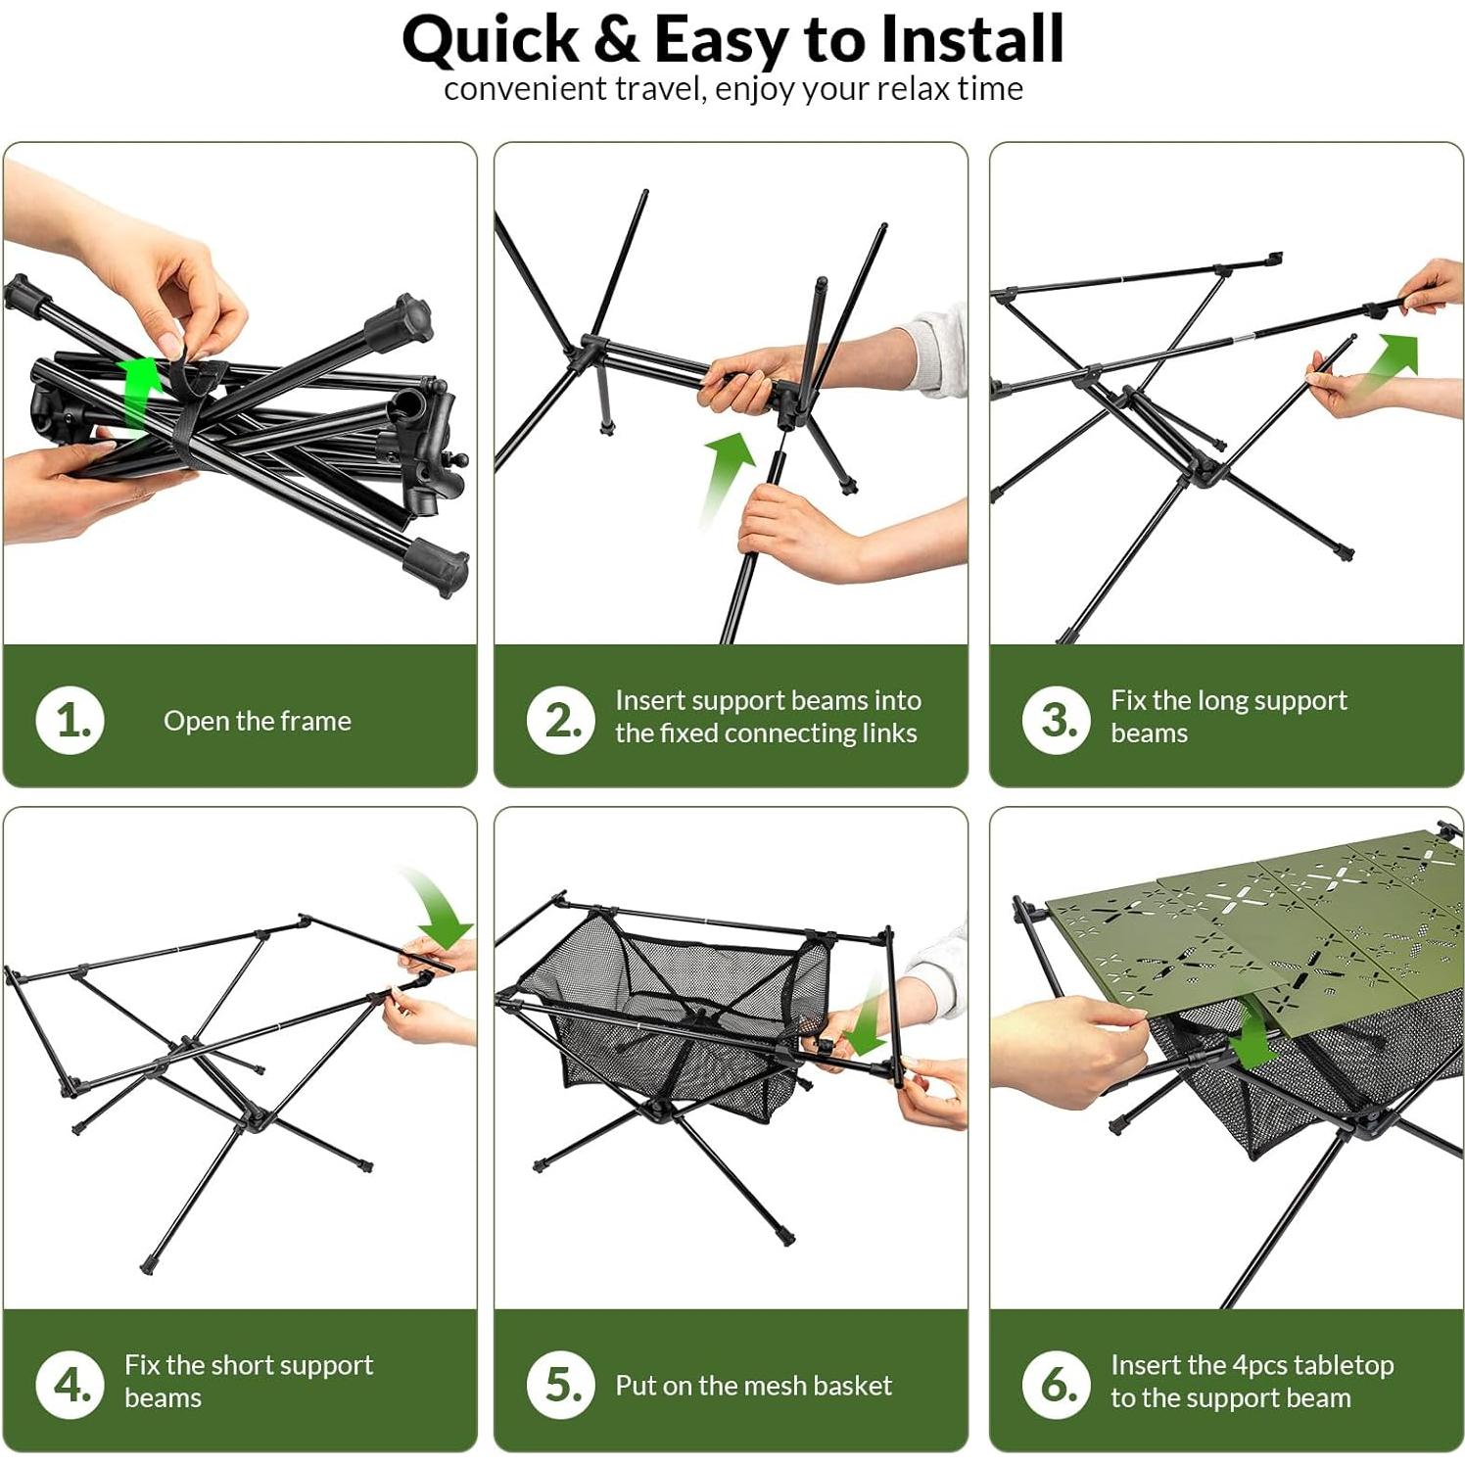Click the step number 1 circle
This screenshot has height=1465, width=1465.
pyautogui.click(x=71, y=720)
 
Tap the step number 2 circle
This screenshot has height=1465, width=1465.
pyautogui.click(x=561, y=720)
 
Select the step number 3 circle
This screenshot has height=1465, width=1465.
pyautogui.click(x=1057, y=720)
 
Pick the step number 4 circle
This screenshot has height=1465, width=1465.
pyautogui.click(x=71, y=1384)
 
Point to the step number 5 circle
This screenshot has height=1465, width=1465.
pyautogui.click(x=561, y=1384)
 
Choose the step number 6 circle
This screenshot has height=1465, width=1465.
pyautogui.click(x=1057, y=1384)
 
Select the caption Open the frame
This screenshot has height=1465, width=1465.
pyautogui.click(x=258, y=721)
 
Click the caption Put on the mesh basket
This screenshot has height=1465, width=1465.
pyautogui.click(x=753, y=1385)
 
